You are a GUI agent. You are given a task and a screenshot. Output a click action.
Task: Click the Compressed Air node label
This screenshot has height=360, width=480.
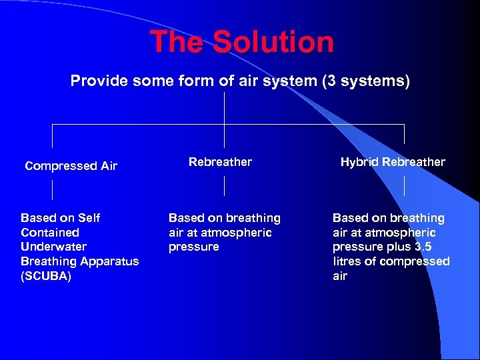pos(71,166)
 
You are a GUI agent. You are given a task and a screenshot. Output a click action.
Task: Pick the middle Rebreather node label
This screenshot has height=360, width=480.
pos(220,162)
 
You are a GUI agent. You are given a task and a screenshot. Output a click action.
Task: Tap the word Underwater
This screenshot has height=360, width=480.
pos(53,247)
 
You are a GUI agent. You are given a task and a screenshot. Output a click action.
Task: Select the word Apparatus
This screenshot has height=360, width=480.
pos(108,261)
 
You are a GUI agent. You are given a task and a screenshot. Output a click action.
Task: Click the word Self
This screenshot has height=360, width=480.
pos(89,218)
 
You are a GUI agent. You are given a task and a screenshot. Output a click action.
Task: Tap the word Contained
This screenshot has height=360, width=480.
pos(50,233)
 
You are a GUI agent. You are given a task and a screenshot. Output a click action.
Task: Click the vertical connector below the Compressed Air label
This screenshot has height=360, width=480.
pos(52,190)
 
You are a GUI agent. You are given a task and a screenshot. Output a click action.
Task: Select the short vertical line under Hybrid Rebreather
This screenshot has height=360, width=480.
pos(404,186)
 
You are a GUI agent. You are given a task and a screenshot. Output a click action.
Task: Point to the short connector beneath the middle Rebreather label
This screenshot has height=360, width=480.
pos(224,186)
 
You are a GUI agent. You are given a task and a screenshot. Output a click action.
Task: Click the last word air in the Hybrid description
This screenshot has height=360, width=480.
pos(340,276)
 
